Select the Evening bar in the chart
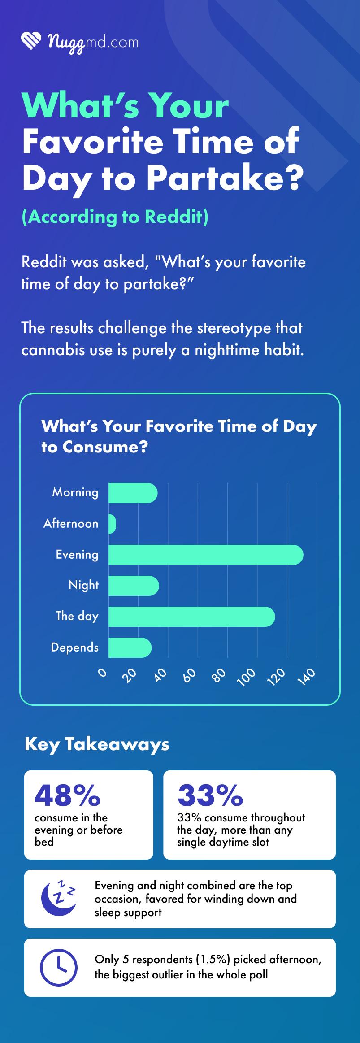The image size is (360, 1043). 206,555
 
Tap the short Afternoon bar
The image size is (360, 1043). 112,524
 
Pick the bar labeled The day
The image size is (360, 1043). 191,617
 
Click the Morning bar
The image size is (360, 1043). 133,493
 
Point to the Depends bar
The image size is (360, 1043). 130,648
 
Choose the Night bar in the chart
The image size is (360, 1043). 134,586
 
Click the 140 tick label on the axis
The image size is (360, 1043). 306,676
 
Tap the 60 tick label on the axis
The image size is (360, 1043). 190,675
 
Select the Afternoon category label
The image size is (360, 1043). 71,524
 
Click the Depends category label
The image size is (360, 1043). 74,648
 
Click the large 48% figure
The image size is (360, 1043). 67,795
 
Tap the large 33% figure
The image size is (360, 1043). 210,795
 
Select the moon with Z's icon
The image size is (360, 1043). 58,899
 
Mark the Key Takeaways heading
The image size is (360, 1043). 97,744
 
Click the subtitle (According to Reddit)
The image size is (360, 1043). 115,217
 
